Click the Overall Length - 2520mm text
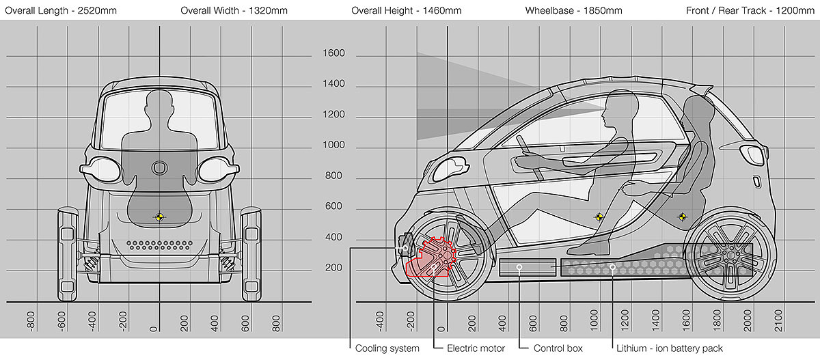61,11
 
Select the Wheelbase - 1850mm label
573,11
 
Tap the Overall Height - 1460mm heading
407,11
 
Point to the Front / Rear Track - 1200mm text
750,11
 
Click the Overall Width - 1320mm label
234,11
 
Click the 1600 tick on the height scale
333,53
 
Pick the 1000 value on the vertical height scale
333,145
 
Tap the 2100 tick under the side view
778,320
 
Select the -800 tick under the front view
31,321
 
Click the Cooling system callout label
387,348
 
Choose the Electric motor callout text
476,348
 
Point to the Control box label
558,348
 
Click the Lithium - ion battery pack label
670,348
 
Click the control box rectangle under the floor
528,267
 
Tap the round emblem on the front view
159,168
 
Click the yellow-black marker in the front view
159,217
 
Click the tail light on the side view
752,154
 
